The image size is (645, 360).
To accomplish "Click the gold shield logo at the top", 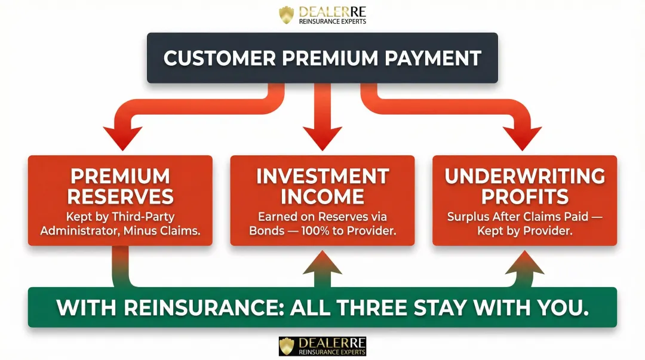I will tap(287, 15).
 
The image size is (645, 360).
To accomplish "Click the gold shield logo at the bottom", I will tap(287, 346).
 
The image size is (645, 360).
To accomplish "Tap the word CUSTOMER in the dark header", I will tap(217, 58).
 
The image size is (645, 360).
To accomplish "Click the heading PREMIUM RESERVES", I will tap(121, 186).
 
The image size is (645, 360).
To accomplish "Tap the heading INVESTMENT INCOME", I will tap(322, 186).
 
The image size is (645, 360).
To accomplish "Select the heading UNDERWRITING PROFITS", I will tap(524, 186).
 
